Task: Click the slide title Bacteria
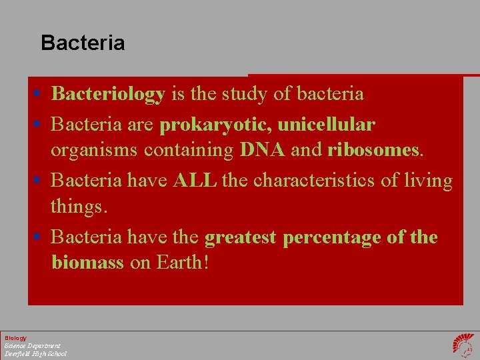pos(83,43)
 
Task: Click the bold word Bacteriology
pos(108,94)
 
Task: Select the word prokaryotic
pos(215,125)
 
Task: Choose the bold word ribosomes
pos(373,150)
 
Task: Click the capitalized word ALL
pos(195,181)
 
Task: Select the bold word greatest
pos(241,237)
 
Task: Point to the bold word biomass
pos(87,262)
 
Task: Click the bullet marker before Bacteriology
pos(41,95)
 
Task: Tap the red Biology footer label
pos(16,338)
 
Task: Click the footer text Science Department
pos(32,345)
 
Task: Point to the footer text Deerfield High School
pos(35,353)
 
